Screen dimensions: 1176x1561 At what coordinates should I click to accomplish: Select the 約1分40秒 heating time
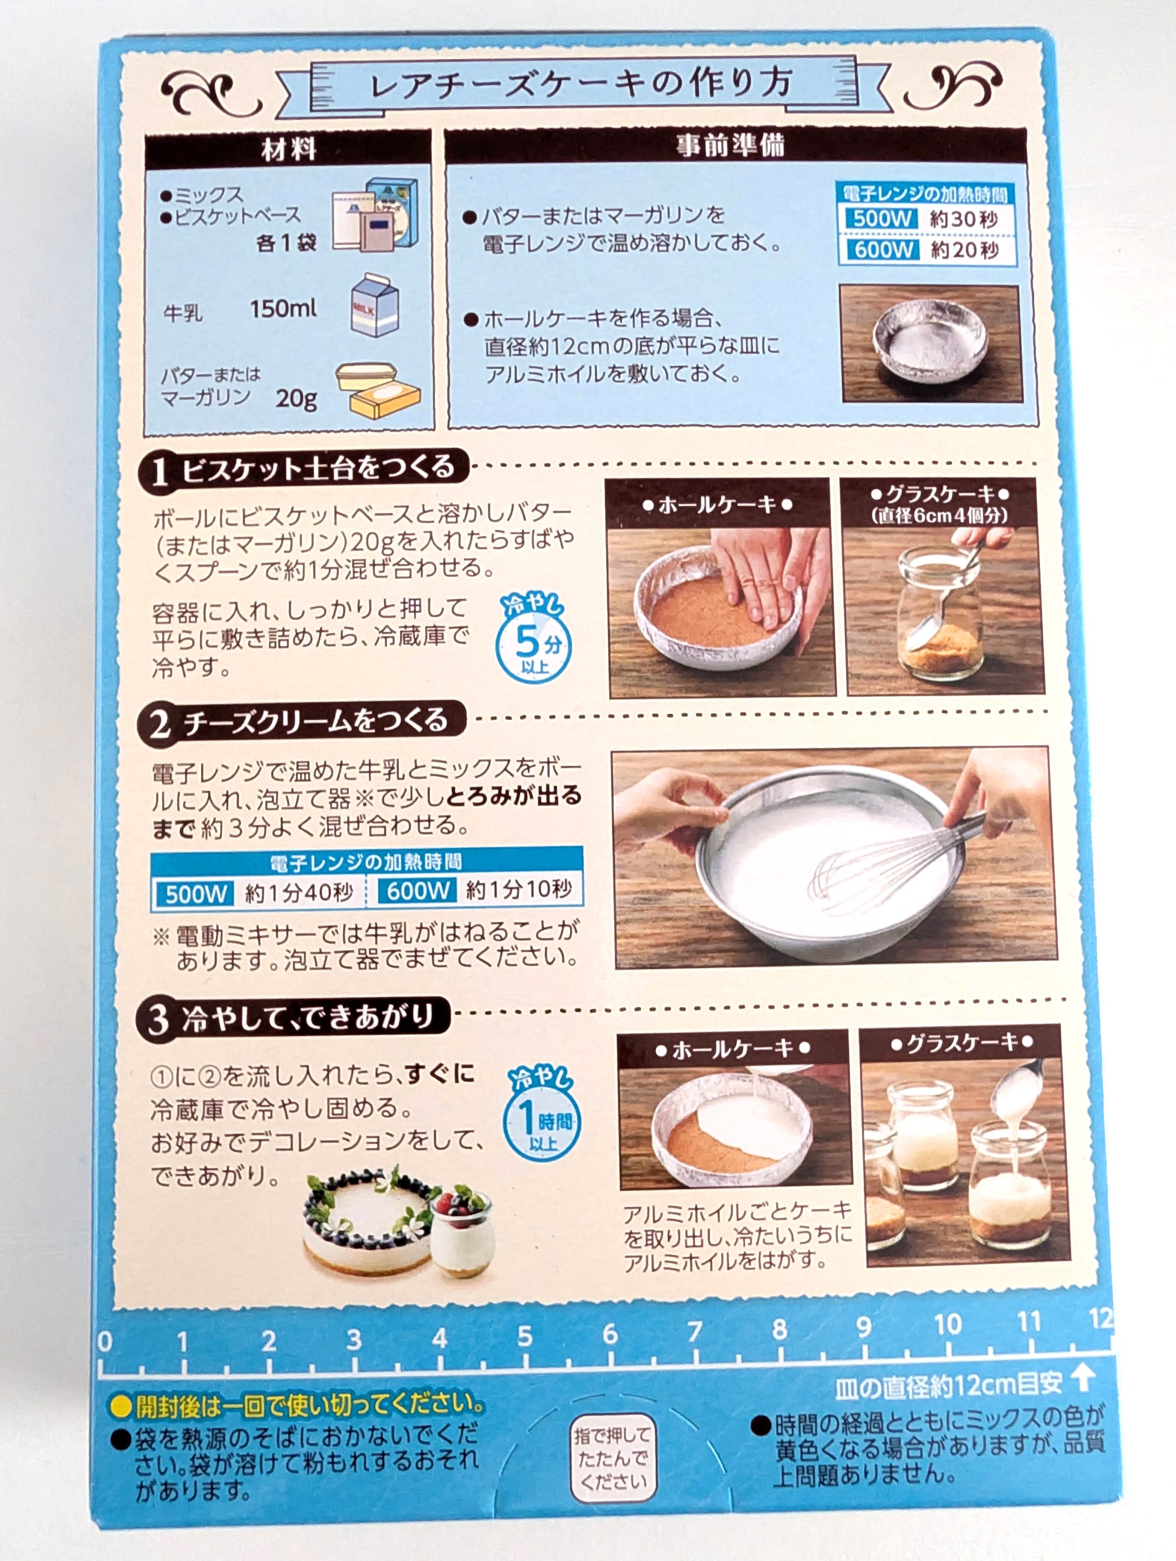tap(299, 893)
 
